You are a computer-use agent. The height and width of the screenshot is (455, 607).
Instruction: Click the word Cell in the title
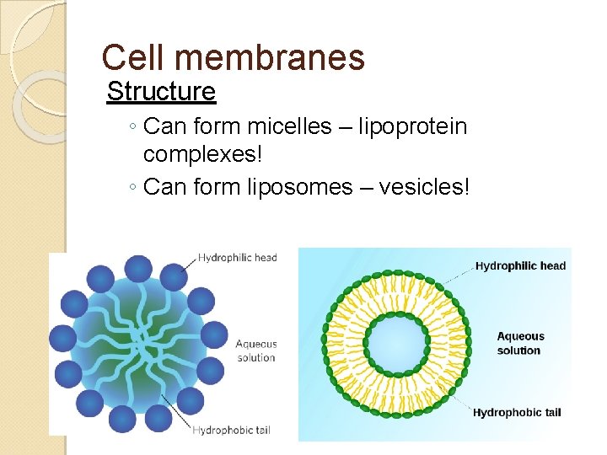tap(128, 57)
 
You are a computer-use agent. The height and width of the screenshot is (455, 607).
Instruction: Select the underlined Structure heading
tap(161, 90)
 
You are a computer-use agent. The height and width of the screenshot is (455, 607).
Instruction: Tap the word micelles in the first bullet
tap(290, 127)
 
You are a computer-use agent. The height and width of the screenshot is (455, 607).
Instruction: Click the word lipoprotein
tap(412, 127)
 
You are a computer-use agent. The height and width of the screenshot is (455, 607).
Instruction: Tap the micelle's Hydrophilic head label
tap(237, 257)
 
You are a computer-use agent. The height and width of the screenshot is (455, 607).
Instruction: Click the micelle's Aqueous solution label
tap(255, 351)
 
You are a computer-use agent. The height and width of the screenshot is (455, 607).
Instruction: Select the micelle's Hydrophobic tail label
tap(234, 431)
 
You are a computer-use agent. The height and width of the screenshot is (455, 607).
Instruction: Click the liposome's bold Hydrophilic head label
tap(520, 266)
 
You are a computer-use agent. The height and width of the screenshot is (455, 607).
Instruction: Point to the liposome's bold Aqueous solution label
tap(520, 343)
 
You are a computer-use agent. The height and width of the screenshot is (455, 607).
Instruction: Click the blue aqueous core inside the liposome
tap(395, 345)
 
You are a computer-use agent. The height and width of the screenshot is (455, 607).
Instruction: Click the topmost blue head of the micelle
tap(137, 269)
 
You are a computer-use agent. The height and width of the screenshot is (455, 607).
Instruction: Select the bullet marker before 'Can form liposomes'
tap(135, 187)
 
